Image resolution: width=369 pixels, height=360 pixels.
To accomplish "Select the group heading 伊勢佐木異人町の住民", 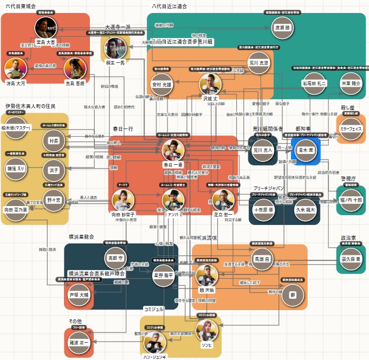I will [x=31, y=106].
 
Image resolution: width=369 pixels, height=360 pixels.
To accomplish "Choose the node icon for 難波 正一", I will [x=79, y=343].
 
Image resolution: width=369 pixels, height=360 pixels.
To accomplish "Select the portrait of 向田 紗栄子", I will [x=122, y=200].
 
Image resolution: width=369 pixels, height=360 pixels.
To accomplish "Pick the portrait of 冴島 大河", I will [x=15, y=69].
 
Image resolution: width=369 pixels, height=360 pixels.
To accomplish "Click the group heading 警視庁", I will [x=348, y=178].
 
